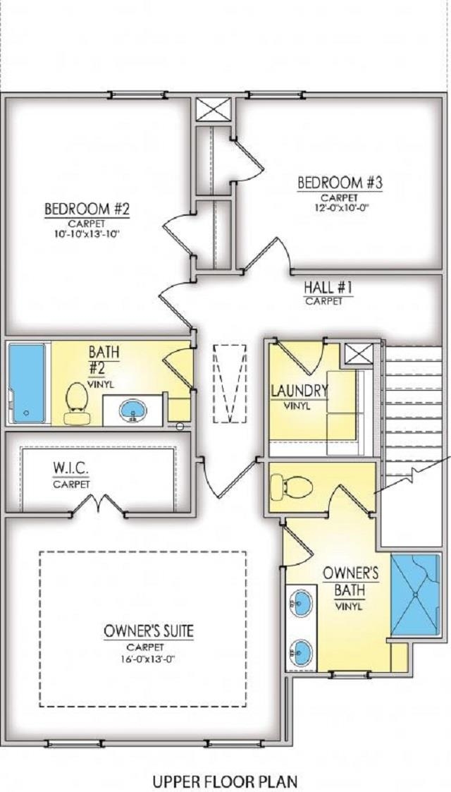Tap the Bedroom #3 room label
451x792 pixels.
click(340, 183)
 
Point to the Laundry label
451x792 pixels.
click(299, 390)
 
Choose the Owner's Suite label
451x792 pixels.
click(148, 630)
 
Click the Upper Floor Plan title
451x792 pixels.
click(225, 781)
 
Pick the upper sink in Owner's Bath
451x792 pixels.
click(301, 602)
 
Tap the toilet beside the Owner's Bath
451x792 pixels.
click(291, 485)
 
